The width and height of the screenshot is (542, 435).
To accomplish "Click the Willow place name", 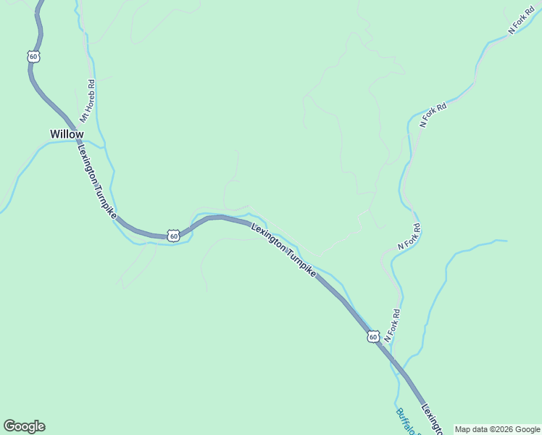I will [x=67, y=134].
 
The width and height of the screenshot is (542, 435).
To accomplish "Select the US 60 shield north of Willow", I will [x=33, y=56].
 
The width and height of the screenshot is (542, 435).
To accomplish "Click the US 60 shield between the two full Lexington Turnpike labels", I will [x=173, y=235].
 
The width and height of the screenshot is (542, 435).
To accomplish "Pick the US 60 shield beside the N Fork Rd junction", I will [x=372, y=336].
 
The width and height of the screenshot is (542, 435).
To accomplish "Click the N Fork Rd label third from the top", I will [x=409, y=237].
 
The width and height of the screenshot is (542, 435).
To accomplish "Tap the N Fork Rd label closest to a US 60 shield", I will [x=392, y=326].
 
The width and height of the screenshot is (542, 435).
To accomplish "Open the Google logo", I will [x=24, y=426].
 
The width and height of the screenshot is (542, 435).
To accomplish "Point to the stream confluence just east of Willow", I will [x=101, y=144].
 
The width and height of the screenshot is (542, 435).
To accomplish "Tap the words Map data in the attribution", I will [x=470, y=429].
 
